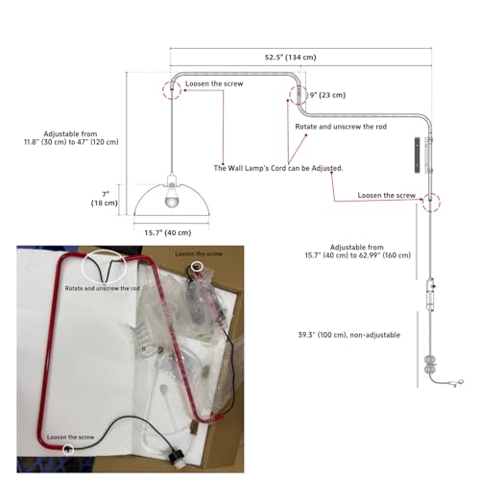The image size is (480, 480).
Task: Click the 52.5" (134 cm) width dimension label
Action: click(290, 58)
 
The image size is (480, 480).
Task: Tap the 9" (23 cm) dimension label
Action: click(327, 95)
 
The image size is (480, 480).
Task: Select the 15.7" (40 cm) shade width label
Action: click(168, 232)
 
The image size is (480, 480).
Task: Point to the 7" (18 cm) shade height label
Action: click(105, 199)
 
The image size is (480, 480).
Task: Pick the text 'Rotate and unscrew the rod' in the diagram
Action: click(341, 127)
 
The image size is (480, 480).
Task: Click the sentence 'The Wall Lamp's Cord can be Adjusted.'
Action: click(278, 168)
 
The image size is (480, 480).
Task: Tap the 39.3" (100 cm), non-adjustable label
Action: click(349, 335)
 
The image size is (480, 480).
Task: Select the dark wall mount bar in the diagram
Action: click(418, 156)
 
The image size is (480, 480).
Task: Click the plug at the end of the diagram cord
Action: click(457, 382)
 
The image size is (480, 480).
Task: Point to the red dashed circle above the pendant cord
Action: click(172, 90)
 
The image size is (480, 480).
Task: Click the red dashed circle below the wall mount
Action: click(431, 203)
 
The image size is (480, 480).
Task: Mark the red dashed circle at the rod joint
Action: click(299, 96)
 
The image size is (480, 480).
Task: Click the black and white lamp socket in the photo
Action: click(175, 455)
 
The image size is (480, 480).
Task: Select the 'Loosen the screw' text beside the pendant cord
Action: click(214, 84)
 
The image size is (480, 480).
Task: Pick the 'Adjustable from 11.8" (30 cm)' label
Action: click(71, 138)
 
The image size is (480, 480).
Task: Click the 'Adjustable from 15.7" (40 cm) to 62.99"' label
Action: click(357, 252)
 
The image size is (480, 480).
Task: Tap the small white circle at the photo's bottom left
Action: click(68, 449)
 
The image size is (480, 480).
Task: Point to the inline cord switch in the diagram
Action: click(430, 295)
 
